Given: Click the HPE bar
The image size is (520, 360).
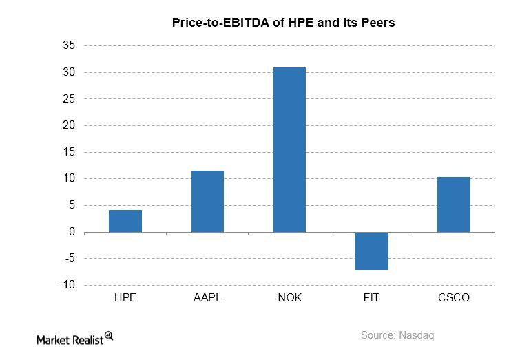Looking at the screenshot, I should point(125,221).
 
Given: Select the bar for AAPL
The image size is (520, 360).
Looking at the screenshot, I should point(207,202).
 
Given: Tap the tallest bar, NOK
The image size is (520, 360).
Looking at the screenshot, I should point(289,150).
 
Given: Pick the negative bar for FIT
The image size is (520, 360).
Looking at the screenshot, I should point(371,251).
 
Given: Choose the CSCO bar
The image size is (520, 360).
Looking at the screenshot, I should point(454,204).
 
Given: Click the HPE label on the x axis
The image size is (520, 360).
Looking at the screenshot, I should point(125,298).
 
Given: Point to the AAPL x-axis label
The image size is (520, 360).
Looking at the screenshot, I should point(207,298).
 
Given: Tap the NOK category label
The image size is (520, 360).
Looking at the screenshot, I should point(289,298).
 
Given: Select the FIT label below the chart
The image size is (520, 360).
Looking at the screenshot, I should point(371,298).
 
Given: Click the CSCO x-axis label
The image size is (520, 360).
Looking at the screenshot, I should point(454,298).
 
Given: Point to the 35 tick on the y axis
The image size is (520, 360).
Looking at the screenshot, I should point(69,45).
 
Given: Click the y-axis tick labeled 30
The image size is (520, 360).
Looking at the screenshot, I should point(69,72).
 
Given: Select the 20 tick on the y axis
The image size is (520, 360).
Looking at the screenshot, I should point(69,125).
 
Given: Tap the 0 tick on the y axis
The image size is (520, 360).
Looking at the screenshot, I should point(72,232).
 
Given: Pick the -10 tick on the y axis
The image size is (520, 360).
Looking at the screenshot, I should point(67,285).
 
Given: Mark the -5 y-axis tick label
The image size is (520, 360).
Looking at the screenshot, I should point(70,259).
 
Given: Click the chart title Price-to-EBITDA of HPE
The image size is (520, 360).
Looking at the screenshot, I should point(282,23).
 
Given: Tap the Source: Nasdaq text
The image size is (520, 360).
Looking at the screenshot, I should point(397,335).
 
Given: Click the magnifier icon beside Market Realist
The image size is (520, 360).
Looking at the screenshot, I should point(108,336).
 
